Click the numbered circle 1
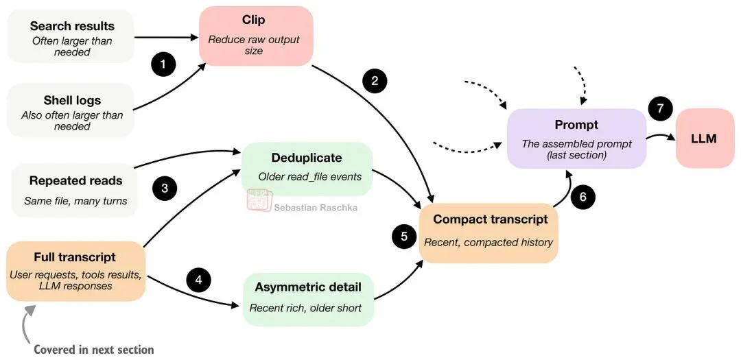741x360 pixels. tap(163, 65)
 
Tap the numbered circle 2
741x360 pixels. tap(375, 81)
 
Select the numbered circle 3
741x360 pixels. tap(165, 188)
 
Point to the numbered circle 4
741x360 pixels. tap(198, 280)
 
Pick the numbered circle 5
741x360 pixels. tap(404, 236)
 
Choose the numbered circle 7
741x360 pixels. tap(661, 108)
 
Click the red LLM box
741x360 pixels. tap(704, 139)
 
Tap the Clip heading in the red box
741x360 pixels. tap(254, 20)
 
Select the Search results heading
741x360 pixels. tap(72, 26)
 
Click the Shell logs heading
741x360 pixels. tap(72, 100)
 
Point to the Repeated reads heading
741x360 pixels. tap(75, 181)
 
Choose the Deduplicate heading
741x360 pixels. tap(306, 158)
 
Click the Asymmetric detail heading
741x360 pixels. tap(308, 287)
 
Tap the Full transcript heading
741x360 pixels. tap(75, 258)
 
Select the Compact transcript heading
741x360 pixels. tap(490, 219)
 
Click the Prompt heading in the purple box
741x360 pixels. tap(576, 125)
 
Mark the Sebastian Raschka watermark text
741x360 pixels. tap(315, 207)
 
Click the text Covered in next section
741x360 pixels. tap(94, 349)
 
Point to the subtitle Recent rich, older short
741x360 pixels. tap(305, 308)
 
